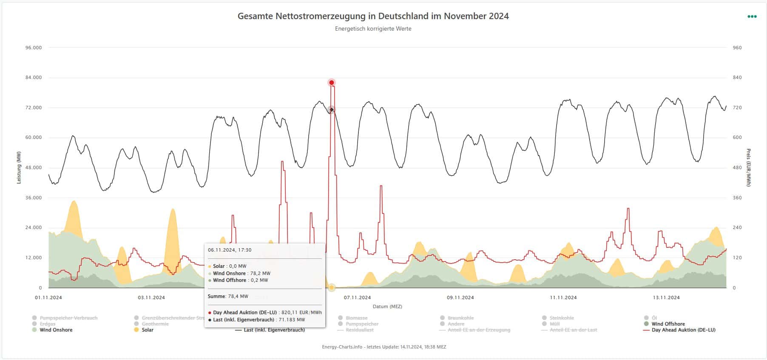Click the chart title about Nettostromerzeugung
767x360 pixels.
(x=373, y=16)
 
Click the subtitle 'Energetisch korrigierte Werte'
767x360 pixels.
(x=373, y=29)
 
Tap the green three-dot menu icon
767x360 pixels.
(x=752, y=17)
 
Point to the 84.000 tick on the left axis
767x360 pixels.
(x=34, y=78)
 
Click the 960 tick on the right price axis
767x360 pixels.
(x=737, y=48)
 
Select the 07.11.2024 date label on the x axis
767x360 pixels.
(x=357, y=298)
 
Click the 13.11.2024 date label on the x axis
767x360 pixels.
(x=666, y=298)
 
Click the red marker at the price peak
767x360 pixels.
(x=332, y=82)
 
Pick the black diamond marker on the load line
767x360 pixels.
(x=332, y=110)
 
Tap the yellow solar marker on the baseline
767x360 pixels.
(x=332, y=288)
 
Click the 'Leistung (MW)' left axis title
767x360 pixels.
(x=19, y=167)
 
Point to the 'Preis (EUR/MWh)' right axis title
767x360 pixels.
(x=748, y=167)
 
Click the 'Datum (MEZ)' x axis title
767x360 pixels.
(x=387, y=306)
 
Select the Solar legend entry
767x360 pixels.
(x=147, y=330)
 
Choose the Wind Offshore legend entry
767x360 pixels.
(x=668, y=324)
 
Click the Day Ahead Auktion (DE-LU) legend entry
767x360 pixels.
(x=683, y=330)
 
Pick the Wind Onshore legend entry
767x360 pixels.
(x=56, y=330)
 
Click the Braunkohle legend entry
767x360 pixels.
(x=461, y=318)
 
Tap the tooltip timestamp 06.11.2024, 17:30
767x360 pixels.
(x=230, y=250)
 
